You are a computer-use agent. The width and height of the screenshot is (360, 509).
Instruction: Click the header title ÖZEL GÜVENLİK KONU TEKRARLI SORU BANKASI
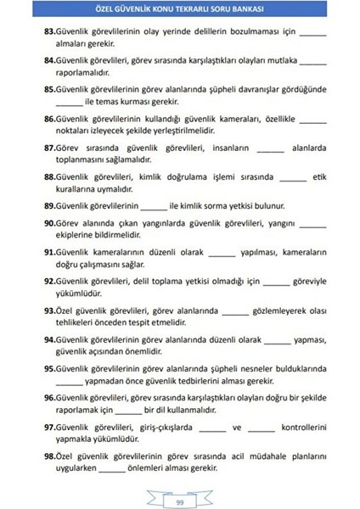(180, 11)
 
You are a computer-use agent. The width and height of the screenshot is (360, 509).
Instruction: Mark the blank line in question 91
(221, 254)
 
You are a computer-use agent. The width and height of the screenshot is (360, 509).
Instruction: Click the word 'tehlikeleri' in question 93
(81, 323)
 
